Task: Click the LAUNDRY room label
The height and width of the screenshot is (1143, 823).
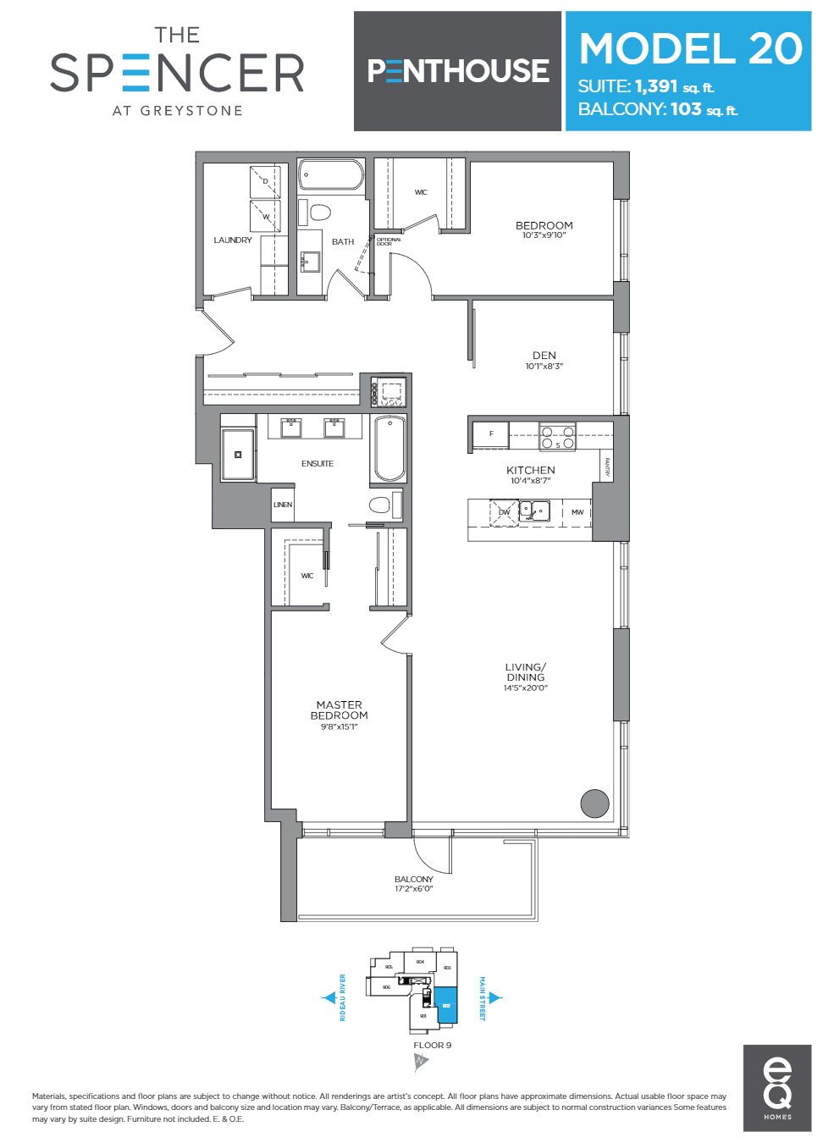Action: coord(233,240)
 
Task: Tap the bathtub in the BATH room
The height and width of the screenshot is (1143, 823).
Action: coord(331,176)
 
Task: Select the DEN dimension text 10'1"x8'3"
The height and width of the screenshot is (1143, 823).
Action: coord(544,367)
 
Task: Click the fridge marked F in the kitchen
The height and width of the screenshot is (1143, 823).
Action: coord(491,434)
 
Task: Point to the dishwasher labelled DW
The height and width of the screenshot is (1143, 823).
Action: coord(505,512)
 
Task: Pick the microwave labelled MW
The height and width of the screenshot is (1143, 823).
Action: coord(577,512)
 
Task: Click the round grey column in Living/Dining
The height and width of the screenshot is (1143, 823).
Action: coord(594,803)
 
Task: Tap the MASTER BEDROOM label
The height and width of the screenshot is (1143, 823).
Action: coord(339,710)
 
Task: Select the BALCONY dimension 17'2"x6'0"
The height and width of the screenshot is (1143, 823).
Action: coord(413,889)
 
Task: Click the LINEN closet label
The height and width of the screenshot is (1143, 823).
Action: coord(283,505)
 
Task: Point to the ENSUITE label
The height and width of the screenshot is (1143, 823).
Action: coord(318,464)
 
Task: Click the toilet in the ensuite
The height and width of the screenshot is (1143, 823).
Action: coord(380,505)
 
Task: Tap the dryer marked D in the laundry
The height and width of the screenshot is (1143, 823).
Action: coord(265,181)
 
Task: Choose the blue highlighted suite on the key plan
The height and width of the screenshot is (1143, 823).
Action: coord(446,1005)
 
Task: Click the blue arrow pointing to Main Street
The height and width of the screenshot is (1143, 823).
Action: coord(495,998)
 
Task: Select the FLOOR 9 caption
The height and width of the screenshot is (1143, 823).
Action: coord(432,1046)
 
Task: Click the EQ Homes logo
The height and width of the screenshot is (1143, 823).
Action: coord(777,1087)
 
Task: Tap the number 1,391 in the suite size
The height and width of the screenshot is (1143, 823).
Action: coord(656,86)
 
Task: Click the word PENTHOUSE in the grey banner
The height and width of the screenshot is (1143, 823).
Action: coord(458,71)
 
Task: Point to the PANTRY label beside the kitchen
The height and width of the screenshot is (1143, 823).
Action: coord(607,467)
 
